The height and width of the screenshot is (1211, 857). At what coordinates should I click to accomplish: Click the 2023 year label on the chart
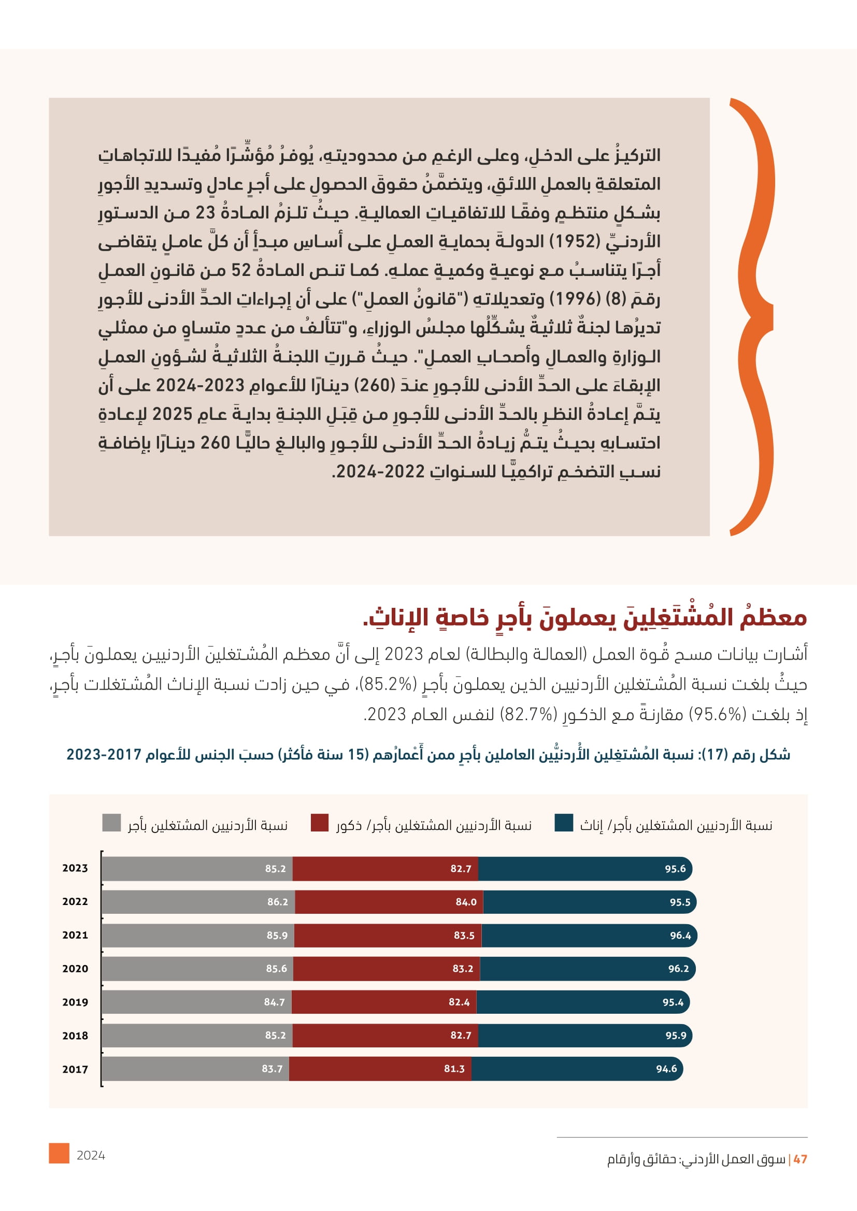[x=75, y=868]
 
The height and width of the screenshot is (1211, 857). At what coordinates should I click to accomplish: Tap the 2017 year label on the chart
[x=75, y=1069]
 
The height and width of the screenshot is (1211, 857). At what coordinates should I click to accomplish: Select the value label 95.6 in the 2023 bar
[x=675, y=869]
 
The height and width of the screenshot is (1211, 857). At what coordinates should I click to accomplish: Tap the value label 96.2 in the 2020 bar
[x=678, y=969]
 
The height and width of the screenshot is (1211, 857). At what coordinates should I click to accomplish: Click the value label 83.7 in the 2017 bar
[x=272, y=1069]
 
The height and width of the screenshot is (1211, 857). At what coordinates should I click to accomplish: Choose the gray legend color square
[x=111, y=823]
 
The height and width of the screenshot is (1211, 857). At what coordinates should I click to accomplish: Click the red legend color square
[x=319, y=823]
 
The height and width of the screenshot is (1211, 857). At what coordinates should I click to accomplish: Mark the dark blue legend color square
[x=564, y=823]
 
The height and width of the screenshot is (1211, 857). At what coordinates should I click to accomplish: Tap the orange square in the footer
[x=59, y=1153]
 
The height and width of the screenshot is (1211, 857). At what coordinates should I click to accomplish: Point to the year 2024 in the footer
[x=91, y=1156]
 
